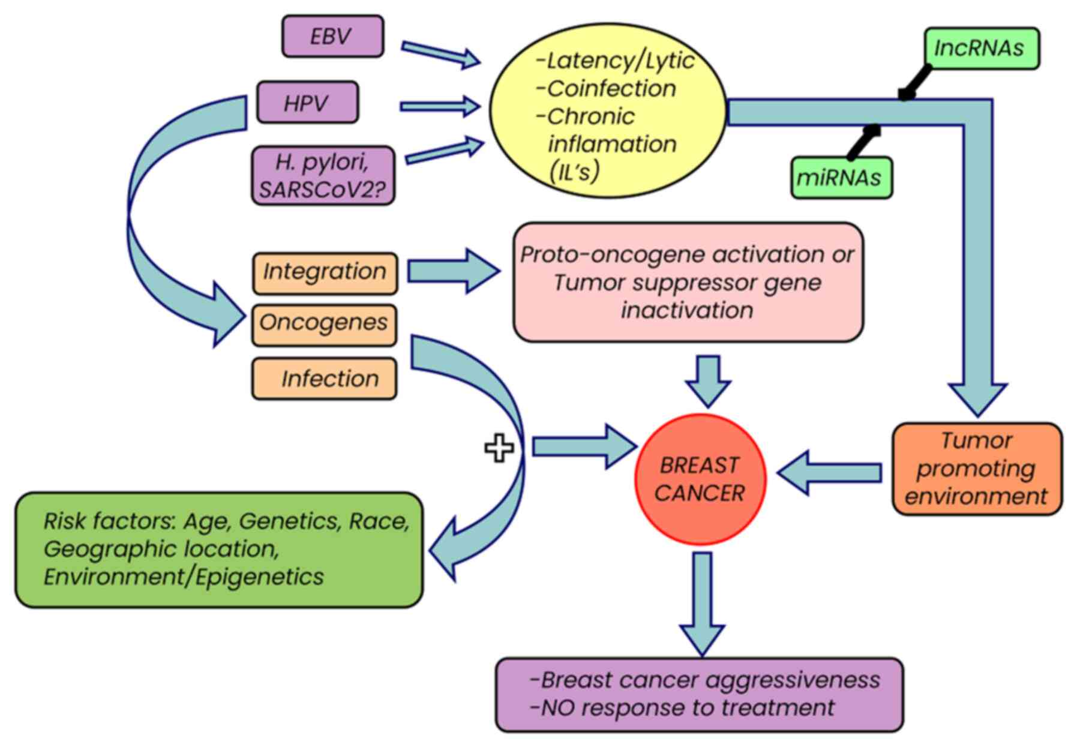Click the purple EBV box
(332, 37)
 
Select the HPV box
(307, 103)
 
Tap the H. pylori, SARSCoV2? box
(323, 176)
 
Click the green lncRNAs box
(981, 48)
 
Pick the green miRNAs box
(841, 178)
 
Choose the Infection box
(324, 379)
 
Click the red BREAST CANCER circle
(700, 479)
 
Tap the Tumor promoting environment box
(976, 469)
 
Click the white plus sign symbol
(499, 448)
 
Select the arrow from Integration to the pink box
(453, 271)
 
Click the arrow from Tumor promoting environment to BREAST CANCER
(830, 473)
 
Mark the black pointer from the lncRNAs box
(916, 83)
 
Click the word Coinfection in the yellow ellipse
(611, 89)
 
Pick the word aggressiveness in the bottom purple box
(793, 680)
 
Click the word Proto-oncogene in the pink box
(605, 254)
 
